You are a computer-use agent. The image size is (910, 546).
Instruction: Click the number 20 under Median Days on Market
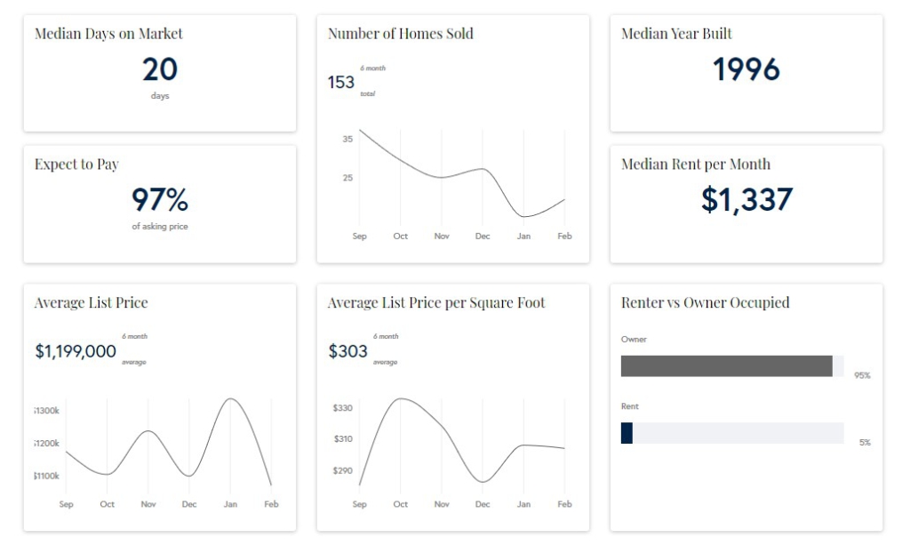click(x=160, y=69)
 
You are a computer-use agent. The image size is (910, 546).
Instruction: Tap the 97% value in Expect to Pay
click(x=160, y=200)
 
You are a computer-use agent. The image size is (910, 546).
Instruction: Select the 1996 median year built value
click(x=746, y=69)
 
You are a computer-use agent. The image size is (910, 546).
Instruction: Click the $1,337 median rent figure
click(x=746, y=200)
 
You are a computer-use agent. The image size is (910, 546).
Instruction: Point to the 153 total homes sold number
click(x=341, y=82)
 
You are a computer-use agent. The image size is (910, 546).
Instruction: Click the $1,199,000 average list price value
click(x=76, y=351)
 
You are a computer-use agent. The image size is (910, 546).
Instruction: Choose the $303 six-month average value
click(x=347, y=351)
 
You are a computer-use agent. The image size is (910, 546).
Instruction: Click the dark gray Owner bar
click(x=726, y=365)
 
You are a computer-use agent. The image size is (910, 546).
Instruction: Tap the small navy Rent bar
click(x=627, y=433)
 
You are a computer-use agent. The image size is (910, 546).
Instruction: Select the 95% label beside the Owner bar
click(x=862, y=375)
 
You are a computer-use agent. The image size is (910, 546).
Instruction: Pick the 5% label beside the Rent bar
click(x=865, y=442)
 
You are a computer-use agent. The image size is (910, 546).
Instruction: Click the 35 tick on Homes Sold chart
click(x=347, y=139)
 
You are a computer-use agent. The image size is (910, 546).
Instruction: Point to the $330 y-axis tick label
click(x=342, y=408)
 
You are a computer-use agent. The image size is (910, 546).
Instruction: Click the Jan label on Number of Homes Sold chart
click(x=523, y=237)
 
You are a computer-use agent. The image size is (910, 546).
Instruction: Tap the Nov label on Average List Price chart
click(x=148, y=504)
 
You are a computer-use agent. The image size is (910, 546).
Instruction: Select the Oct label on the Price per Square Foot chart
click(x=401, y=504)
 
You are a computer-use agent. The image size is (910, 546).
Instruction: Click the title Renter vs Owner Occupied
click(x=705, y=302)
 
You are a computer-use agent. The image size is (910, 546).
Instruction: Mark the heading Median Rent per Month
click(x=696, y=164)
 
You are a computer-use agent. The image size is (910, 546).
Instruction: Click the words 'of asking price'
click(x=160, y=227)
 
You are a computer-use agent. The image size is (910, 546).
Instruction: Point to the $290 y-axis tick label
click(x=342, y=470)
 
